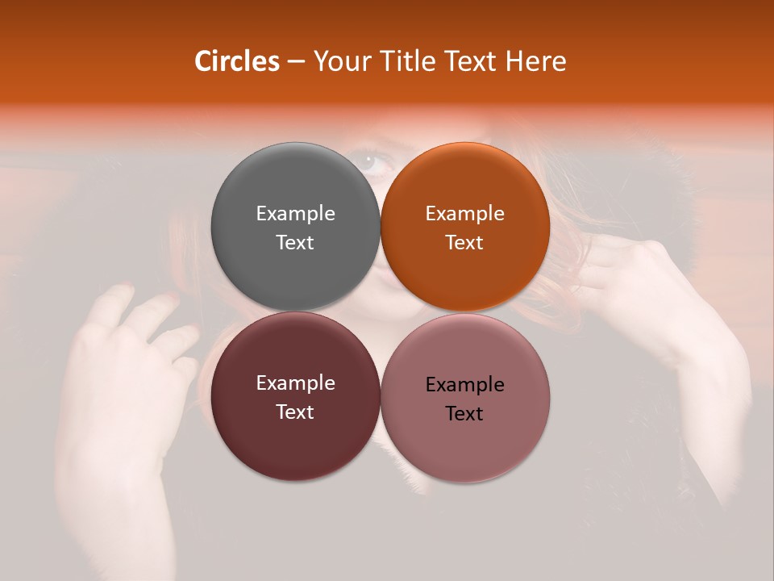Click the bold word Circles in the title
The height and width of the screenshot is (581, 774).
236,61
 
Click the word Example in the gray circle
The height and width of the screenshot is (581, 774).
295,213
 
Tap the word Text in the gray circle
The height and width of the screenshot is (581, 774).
295,242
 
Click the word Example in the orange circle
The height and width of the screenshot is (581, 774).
464,213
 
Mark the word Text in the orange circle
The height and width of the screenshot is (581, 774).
464,242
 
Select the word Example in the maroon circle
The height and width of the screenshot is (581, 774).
295,382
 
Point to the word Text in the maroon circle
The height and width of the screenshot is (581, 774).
295,412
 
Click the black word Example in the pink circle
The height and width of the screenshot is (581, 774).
464,384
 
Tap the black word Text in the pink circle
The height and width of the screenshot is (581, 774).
464,413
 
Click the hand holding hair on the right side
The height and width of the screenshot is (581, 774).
637,282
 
